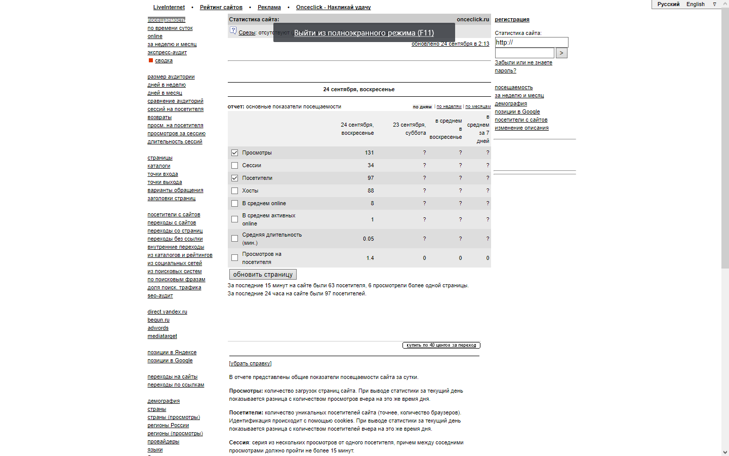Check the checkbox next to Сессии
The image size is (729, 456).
coord(234,165)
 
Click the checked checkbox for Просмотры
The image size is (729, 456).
coord(234,153)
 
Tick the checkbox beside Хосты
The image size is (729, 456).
coord(234,191)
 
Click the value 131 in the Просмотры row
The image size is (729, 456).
coord(369,153)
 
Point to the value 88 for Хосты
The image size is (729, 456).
coord(371,191)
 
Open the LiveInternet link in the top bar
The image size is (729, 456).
coord(169,7)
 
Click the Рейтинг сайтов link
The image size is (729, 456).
coord(221,7)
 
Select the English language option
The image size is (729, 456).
coord(695,4)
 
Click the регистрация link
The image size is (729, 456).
coord(512,19)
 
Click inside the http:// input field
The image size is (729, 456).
coord(532,42)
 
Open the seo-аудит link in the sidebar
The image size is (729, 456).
coord(160,295)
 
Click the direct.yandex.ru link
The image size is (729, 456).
coord(167,312)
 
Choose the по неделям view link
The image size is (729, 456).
coord(449,106)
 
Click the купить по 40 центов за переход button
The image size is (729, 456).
coord(441,345)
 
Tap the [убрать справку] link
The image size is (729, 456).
coord(250,363)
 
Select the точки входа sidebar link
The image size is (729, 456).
coord(163,174)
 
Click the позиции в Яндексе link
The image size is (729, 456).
coord(172,352)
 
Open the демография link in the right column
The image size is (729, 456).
coord(510,103)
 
